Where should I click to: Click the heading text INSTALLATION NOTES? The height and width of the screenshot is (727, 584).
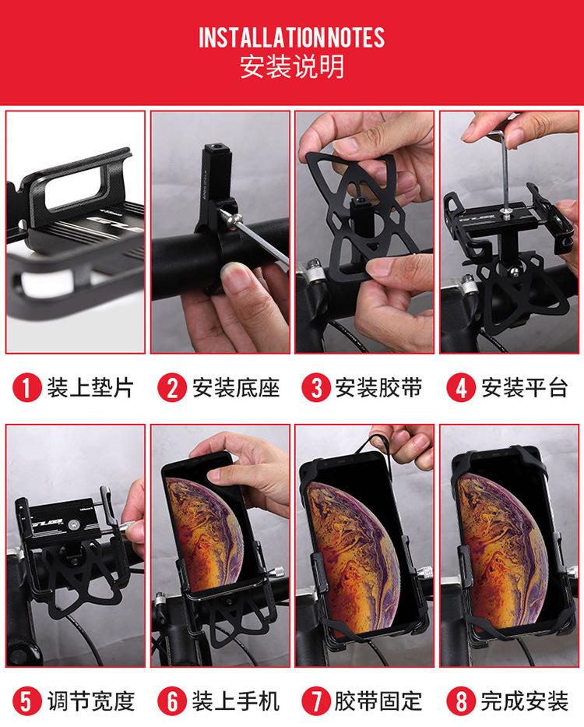tap(291, 37)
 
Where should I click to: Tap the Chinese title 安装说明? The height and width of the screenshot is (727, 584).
tap(292, 67)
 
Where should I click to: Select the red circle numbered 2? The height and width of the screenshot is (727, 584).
tap(172, 387)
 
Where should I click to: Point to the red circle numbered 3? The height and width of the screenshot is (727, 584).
tap(316, 387)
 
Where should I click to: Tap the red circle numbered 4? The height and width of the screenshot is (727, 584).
tap(461, 387)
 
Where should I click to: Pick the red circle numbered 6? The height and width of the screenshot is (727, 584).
tap(172, 701)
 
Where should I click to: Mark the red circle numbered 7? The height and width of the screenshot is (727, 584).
tap(316, 701)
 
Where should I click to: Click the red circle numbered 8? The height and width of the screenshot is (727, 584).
tap(461, 701)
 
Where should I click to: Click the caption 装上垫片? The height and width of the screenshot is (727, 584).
tap(90, 387)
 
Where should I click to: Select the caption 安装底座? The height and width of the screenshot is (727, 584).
tap(236, 387)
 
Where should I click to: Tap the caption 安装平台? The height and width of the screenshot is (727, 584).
tap(524, 387)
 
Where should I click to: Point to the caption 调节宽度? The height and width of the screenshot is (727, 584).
tap(91, 701)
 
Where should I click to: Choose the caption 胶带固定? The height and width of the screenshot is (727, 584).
tap(378, 701)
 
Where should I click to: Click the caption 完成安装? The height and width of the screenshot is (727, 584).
tap(524, 701)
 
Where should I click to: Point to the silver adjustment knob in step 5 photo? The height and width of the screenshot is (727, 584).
tap(128, 528)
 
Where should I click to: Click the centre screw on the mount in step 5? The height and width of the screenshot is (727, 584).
tap(72, 524)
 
